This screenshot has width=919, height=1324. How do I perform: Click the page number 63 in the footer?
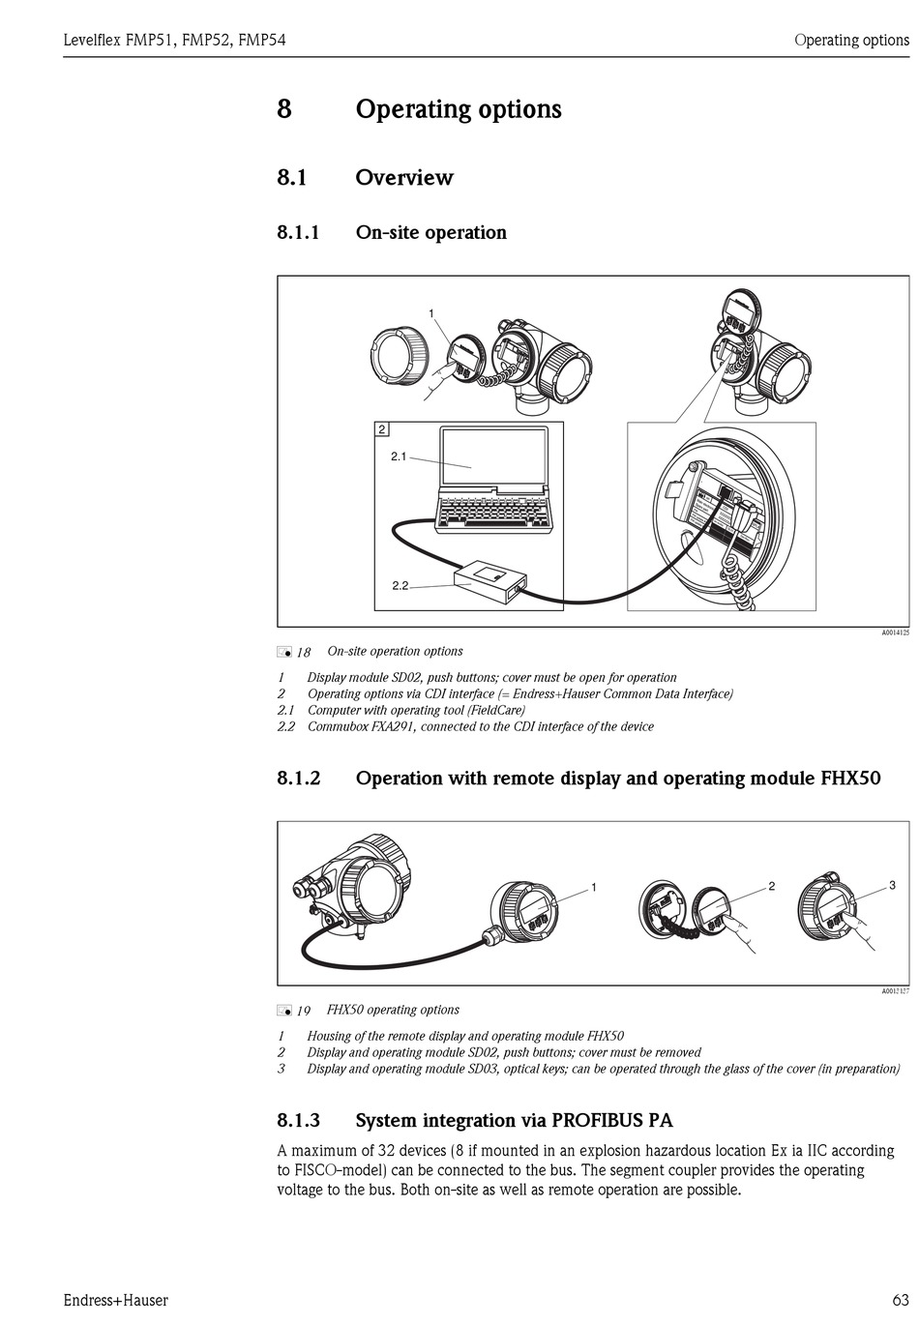point(899,1300)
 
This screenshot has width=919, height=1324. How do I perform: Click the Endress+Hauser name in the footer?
point(115,1300)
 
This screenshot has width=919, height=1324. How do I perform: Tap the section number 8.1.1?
point(298,232)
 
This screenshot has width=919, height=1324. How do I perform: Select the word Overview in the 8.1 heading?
point(404,178)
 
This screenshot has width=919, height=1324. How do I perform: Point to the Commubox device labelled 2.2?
point(489,582)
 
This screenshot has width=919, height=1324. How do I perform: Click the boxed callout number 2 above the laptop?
point(382,429)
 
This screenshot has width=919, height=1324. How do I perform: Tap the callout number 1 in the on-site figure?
point(431,312)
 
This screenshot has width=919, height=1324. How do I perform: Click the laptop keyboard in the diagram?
point(494,512)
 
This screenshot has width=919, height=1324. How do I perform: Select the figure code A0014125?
point(894,633)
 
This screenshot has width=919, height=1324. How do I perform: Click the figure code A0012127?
point(894,991)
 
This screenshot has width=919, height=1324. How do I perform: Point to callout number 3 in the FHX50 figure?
point(892,885)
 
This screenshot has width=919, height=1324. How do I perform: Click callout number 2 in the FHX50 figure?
point(772,886)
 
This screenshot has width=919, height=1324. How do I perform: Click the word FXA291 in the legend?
point(388,726)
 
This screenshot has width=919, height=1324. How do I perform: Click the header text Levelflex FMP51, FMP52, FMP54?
point(174,41)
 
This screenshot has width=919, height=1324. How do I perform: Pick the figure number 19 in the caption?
point(303,1011)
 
